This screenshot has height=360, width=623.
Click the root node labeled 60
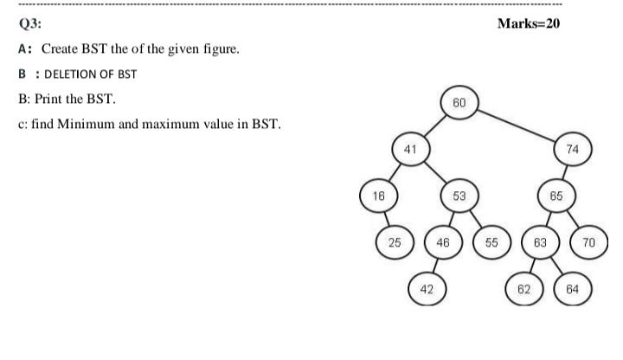coord(459,102)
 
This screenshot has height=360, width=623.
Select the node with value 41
coord(410,149)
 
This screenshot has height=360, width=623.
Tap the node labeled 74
coord(572,149)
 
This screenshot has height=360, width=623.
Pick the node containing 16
coord(378,196)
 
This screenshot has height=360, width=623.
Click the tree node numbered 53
coord(459,196)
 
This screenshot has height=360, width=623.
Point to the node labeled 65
coord(556,196)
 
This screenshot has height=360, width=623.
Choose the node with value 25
coord(394,242)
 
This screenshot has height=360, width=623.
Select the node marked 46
coord(442,242)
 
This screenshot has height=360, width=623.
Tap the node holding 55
coord(491,242)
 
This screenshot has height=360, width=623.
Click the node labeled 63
coord(540,242)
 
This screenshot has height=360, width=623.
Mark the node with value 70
coord(588,242)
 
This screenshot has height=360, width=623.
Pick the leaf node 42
coord(427,289)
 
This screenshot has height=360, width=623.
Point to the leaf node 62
coord(523,289)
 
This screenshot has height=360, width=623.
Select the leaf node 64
coord(572,289)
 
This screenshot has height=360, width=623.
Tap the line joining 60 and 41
coord(434,126)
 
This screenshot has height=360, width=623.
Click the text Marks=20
coord(529,23)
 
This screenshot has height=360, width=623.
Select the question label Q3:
coord(28,24)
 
